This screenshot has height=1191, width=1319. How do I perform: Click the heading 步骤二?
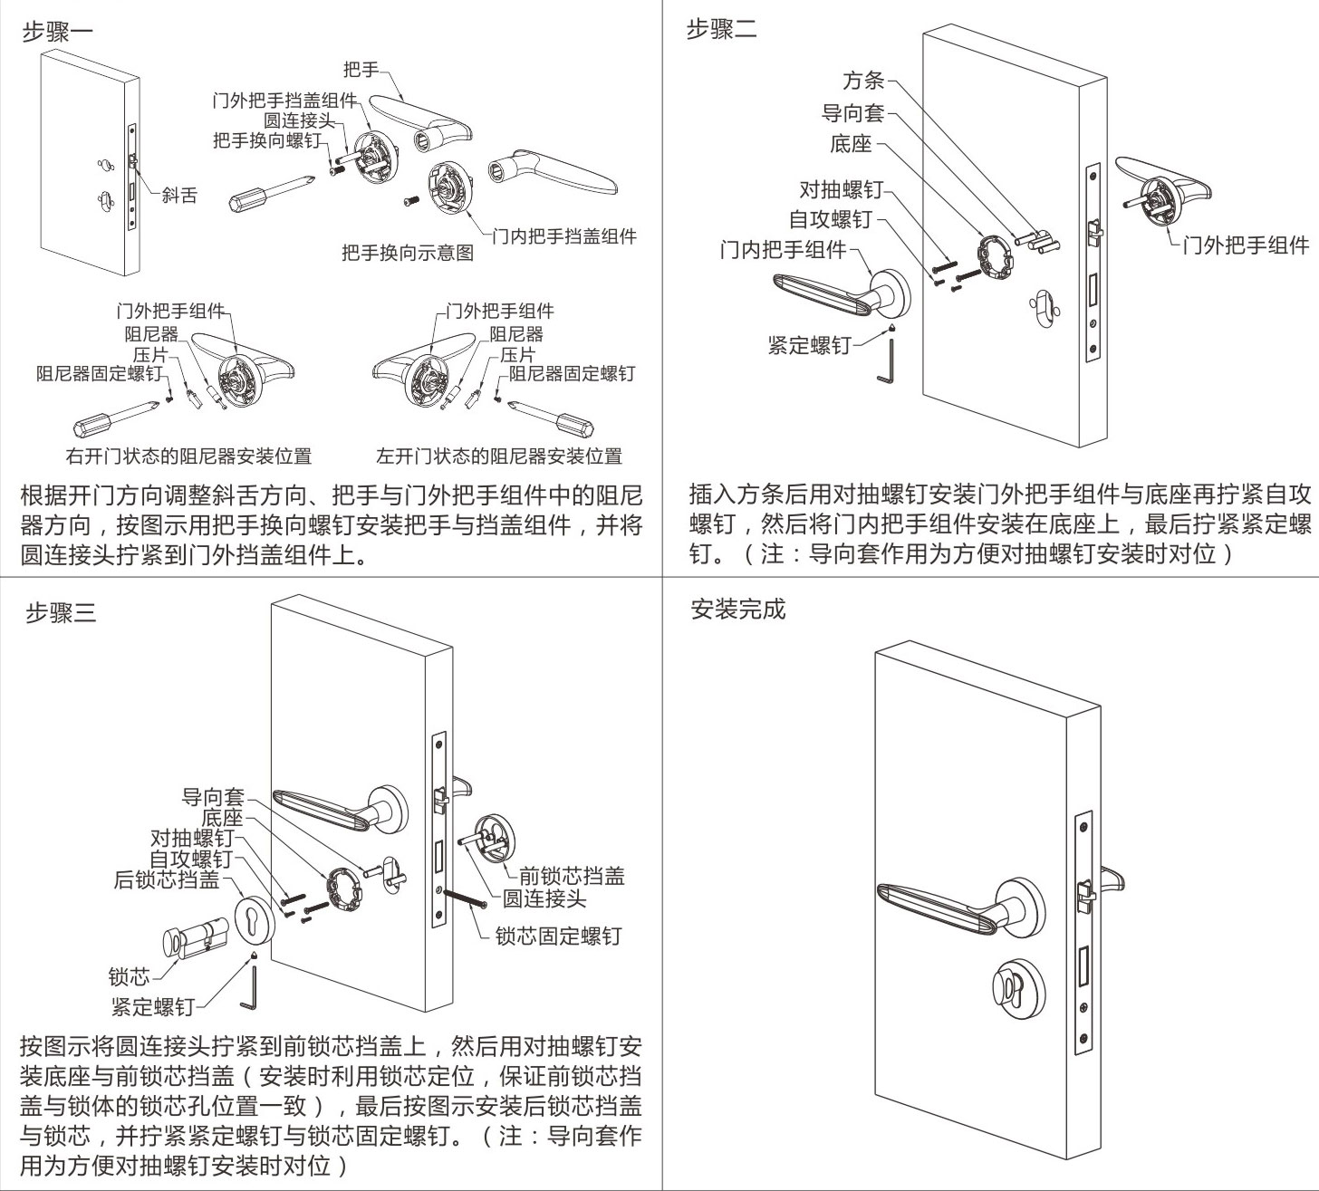coord(721,30)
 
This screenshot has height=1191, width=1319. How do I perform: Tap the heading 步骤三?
coord(60,613)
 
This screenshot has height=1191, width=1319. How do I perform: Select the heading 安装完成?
coord(738,610)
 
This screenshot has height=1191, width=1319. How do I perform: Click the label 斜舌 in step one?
coord(179,195)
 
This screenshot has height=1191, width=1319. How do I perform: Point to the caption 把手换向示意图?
coord(408,253)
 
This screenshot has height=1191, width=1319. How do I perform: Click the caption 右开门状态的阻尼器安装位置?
coord(188,456)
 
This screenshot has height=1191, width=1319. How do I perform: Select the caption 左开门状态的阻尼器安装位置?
coord(499,456)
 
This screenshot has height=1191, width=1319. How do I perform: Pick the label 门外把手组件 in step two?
coord(1247,245)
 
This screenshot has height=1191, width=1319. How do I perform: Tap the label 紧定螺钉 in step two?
coord(809,345)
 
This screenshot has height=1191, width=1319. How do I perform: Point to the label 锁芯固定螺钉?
coord(558,936)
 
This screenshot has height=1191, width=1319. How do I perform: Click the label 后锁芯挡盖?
coord(167,879)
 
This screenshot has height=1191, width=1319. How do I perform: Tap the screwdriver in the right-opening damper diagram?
coord(118,420)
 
